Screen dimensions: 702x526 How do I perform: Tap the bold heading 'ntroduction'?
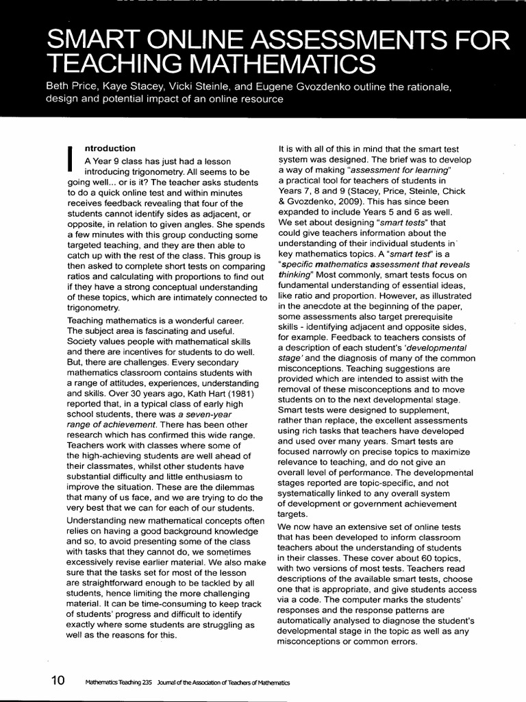click(x=110, y=148)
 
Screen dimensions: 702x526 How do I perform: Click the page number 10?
click(x=58, y=681)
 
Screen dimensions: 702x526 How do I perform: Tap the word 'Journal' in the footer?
click(x=168, y=682)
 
